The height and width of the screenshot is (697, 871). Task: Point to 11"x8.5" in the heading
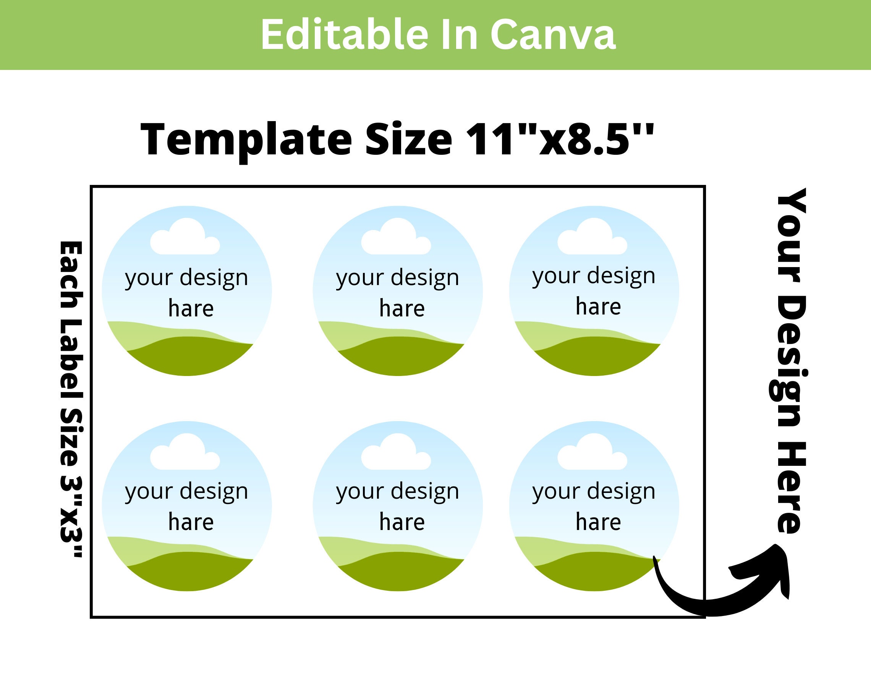(559, 139)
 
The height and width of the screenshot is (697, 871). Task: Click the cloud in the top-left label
(185, 238)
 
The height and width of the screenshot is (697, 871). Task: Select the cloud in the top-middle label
(396, 238)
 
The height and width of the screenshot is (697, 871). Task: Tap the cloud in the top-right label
(592, 238)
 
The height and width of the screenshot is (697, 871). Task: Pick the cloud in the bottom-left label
(185, 453)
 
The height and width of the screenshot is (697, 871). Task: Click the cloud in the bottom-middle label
(396, 453)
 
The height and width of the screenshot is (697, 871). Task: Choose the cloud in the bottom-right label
(592, 453)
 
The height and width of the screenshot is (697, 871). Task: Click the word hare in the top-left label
(191, 309)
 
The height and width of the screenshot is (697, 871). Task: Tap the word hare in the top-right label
(598, 307)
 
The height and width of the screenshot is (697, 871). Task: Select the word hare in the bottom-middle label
(402, 522)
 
